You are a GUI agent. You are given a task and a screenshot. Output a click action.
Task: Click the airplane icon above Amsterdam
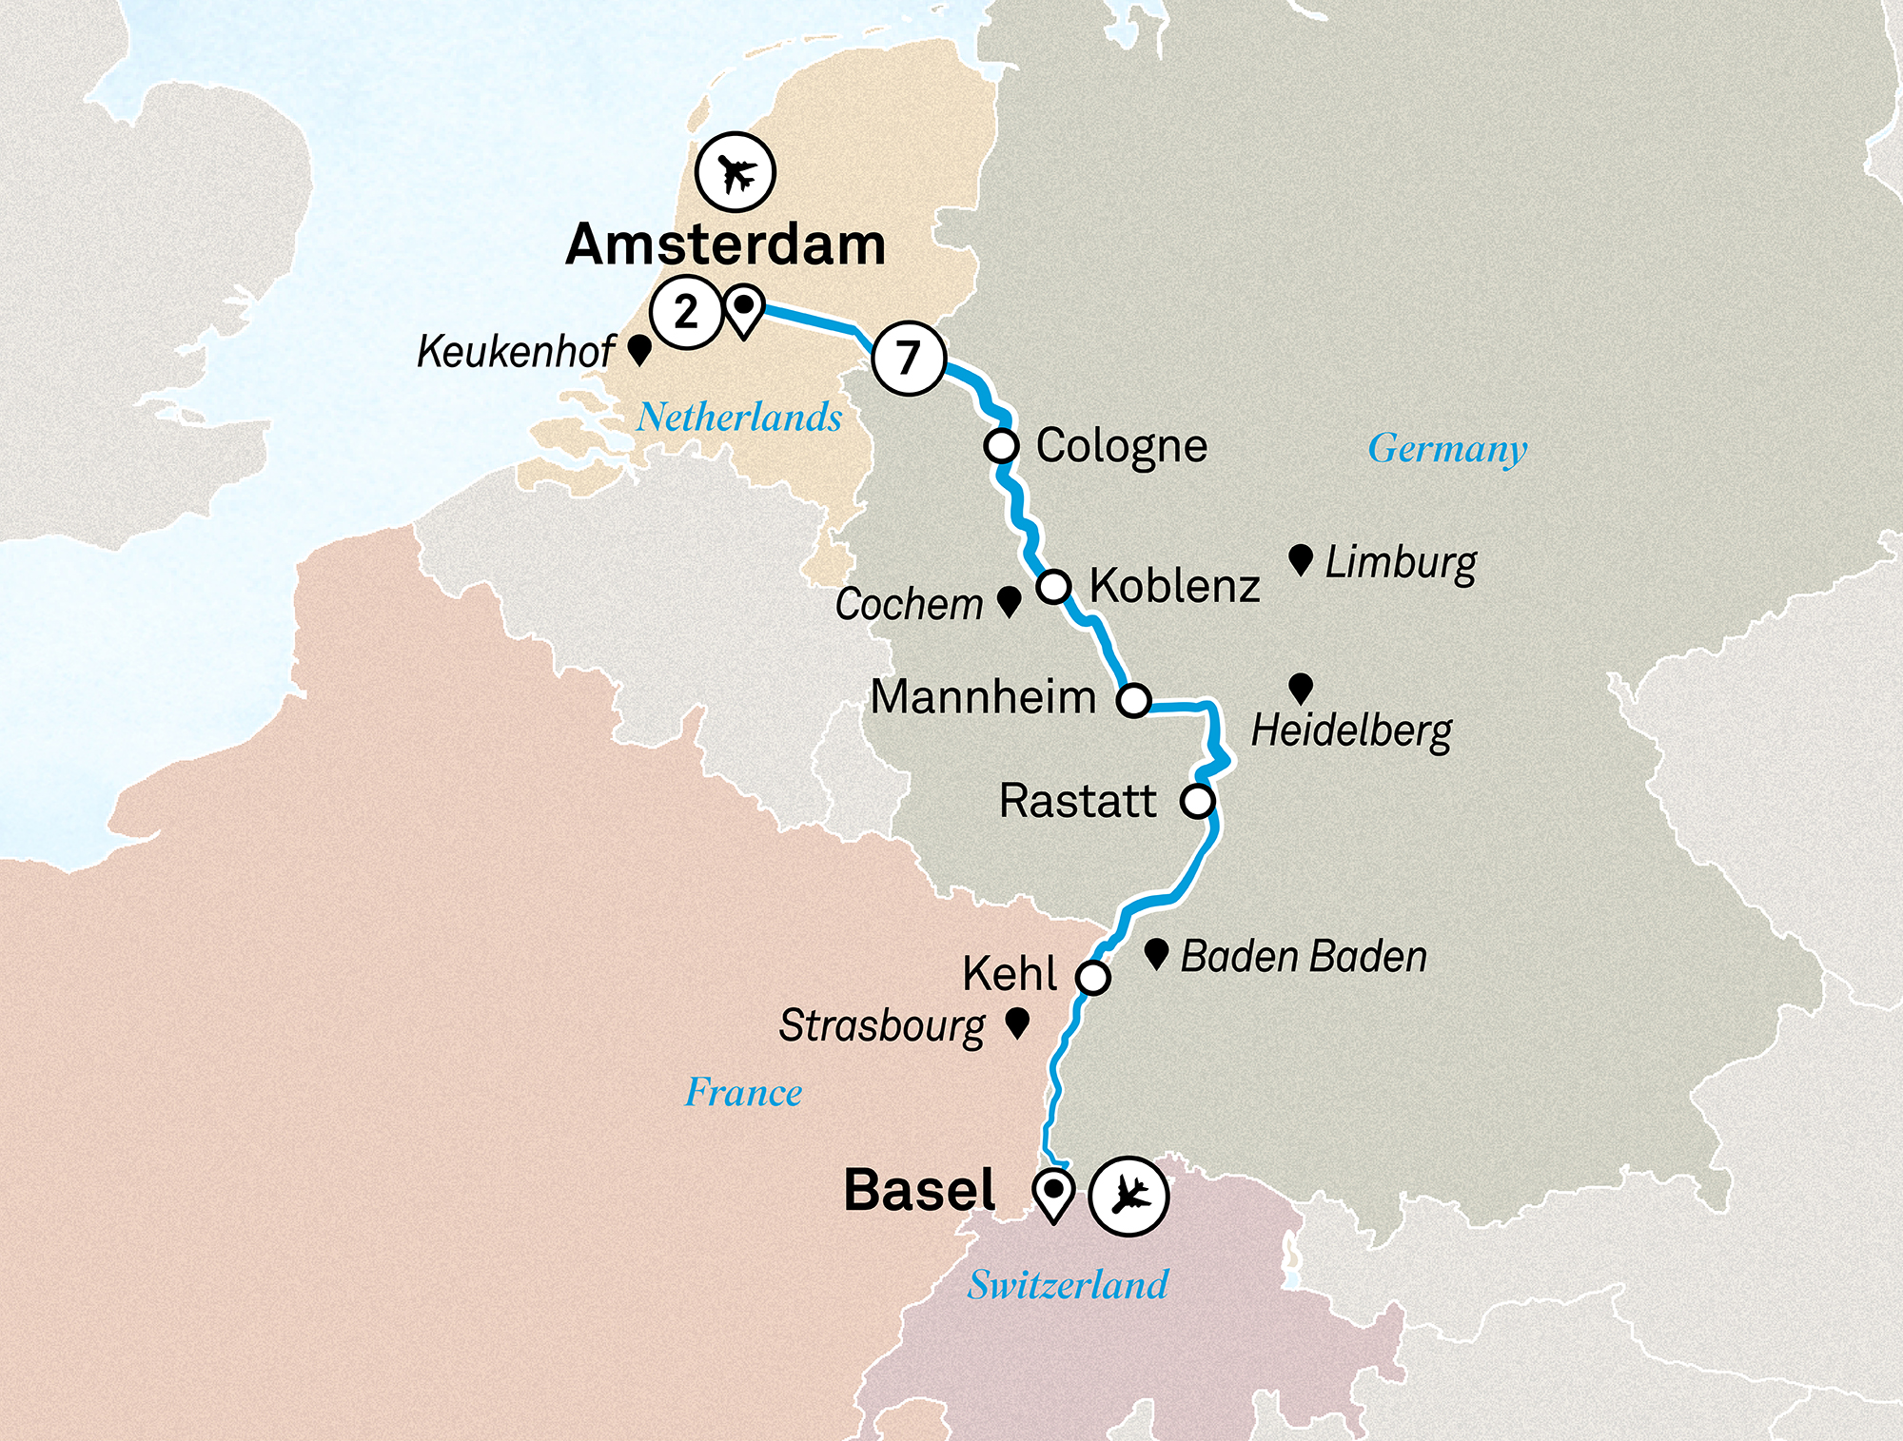pyautogui.click(x=735, y=173)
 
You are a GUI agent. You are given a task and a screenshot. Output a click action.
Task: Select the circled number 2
pyautogui.click(x=685, y=312)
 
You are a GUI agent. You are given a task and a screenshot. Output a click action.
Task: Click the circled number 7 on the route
pyautogui.click(x=909, y=359)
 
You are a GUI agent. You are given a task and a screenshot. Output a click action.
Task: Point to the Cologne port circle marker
pyautogui.click(x=1001, y=445)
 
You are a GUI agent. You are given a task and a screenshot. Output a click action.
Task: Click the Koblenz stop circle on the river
pyautogui.click(x=1053, y=586)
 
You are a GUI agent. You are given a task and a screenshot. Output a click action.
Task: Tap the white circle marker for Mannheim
pyautogui.click(x=1133, y=700)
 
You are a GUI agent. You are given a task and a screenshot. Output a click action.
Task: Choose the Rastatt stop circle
pyautogui.click(x=1198, y=801)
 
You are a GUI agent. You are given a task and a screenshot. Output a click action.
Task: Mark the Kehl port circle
pyautogui.click(x=1093, y=977)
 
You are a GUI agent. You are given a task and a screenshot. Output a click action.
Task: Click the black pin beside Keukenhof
pyautogui.click(x=639, y=349)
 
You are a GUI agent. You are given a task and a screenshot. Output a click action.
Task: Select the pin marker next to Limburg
pyautogui.click(x=1301, y=559)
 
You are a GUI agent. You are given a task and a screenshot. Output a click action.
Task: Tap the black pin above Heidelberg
pyautogui.click(x=1301, y=688)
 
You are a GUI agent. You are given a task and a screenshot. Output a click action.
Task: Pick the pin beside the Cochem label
pyautogui.click(x=1009, y=600)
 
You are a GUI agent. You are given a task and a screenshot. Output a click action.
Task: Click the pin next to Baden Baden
pyautogui.click(x=1156, y=953)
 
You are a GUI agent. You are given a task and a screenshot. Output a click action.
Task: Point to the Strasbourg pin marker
pyautogui.click(x=1017, y=1022)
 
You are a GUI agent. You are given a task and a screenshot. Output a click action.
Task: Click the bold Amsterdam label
pyautogui.click(x=725, y=244)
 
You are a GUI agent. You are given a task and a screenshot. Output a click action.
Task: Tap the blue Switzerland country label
pyautogui.click(x=1068, y=1285)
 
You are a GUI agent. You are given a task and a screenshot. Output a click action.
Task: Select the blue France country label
pyautogui.click(x=743, y=1092)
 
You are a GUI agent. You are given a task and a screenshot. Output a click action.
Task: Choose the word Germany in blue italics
pyautogui.click(x=1447, y=448)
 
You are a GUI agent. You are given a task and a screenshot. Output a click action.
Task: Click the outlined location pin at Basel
pyautogui.click(x=1053, y=1194)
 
